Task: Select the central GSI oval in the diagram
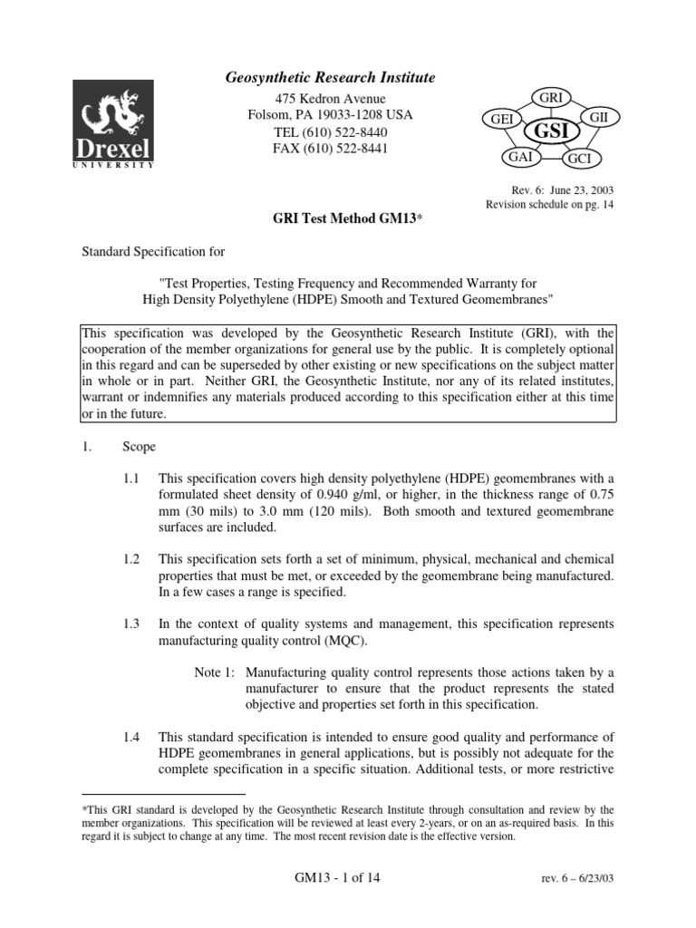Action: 551,130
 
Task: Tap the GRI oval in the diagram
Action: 552,96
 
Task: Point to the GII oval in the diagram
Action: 598,119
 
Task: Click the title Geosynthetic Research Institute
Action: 329,79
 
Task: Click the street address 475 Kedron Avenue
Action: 329,99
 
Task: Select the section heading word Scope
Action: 140,447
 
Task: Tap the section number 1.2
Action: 131,559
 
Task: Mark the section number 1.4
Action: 131,736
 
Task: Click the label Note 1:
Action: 215,673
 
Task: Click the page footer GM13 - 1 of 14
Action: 329,878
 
